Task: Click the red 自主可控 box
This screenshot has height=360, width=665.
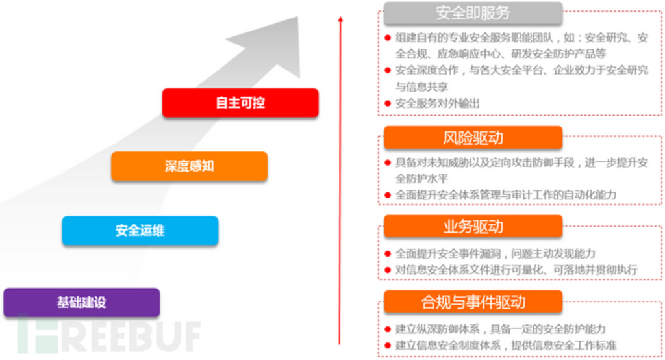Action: coord(240,103)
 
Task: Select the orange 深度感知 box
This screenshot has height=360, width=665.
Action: coord(189,166)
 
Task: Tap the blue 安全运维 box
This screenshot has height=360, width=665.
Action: coord(140,230)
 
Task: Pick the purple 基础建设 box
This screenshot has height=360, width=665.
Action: coord(81,302)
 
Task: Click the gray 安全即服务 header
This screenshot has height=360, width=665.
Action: coord(473,13)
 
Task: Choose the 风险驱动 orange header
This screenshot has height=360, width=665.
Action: coord(473,138)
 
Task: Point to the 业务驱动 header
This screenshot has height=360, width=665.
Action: coord(473,226)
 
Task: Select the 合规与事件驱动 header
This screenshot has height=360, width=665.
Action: coord(473,302)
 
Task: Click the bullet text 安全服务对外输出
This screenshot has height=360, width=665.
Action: coord(438,103)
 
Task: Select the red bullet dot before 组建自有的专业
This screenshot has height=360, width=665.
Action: coord(388,38)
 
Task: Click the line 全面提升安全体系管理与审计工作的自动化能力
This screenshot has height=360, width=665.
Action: coord(506,194)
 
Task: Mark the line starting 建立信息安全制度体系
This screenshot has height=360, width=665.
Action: coord(506,345)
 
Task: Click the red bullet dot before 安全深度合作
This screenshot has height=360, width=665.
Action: coord(388,70)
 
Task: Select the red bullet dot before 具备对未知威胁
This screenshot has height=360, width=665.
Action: coord(388,162)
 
